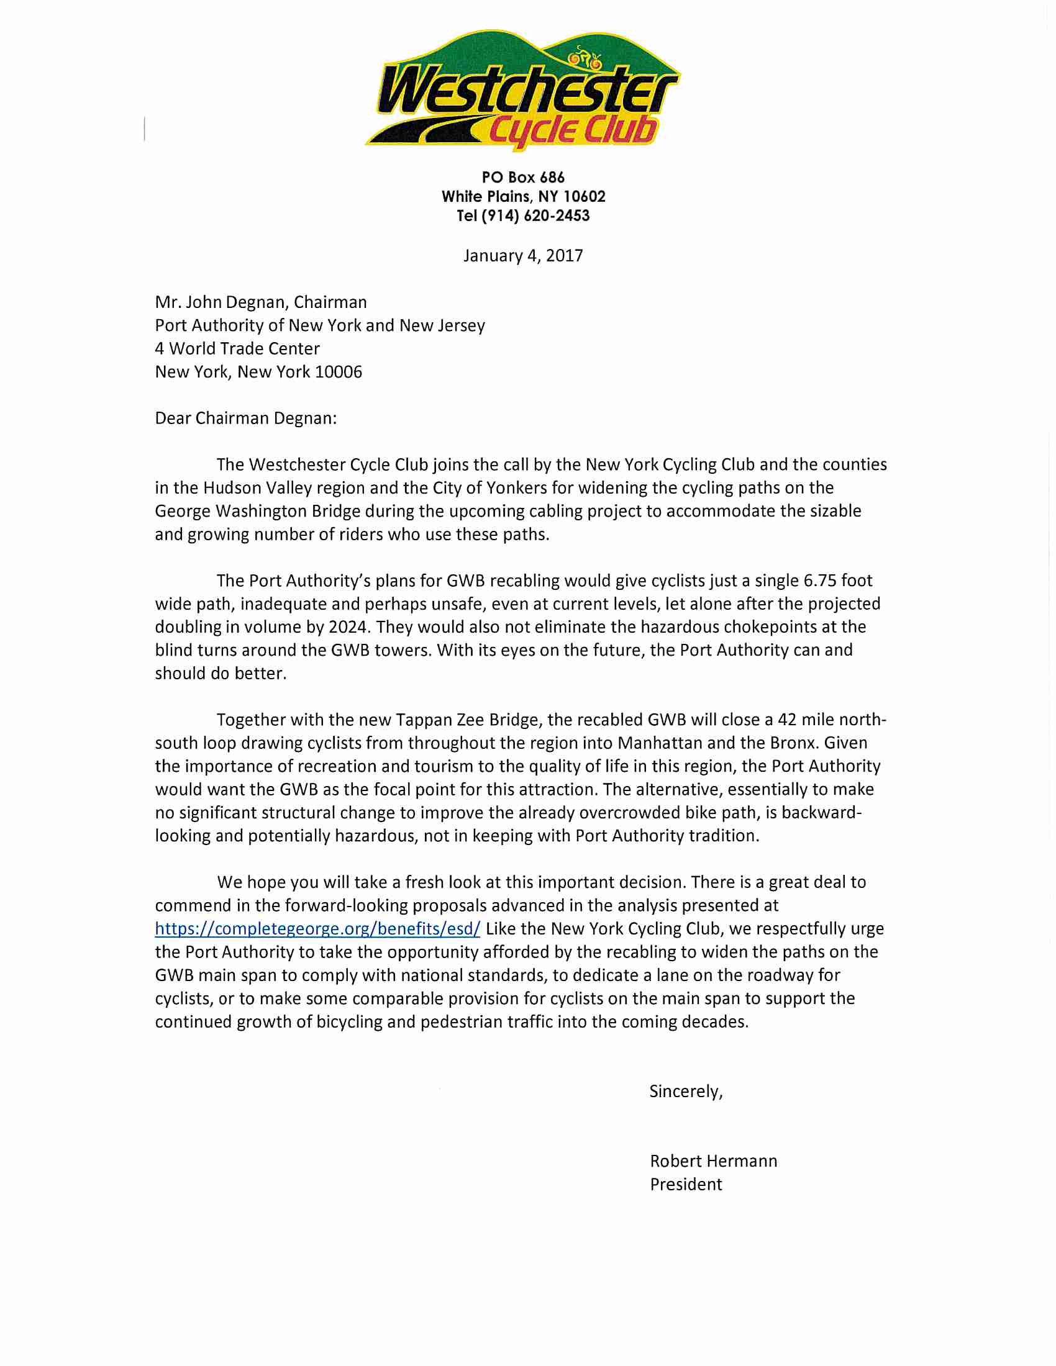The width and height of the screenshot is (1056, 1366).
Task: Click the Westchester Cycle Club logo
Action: [523, 91]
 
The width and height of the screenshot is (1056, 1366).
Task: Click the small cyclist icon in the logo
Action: [584, 59]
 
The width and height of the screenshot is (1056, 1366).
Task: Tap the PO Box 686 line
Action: [523, 178]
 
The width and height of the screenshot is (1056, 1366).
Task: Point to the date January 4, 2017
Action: [523, 256]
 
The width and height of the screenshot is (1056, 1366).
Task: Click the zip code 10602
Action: [585, 197]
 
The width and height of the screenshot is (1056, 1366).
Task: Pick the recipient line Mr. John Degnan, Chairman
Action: [261, 302]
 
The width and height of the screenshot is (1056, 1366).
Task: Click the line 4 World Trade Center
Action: [237, 348]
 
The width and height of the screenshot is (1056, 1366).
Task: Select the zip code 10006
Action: [339, 372]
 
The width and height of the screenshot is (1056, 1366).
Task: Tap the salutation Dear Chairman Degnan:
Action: [246, 418]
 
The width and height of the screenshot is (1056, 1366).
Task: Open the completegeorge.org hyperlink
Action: [317, 929]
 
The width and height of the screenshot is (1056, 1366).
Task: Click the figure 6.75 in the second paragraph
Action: [819, 581]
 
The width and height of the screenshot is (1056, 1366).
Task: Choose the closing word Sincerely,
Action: [686, 1092]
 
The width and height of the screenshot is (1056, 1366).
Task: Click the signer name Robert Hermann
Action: [713, 1162]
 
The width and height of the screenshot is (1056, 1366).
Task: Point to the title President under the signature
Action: [686, 1185]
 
